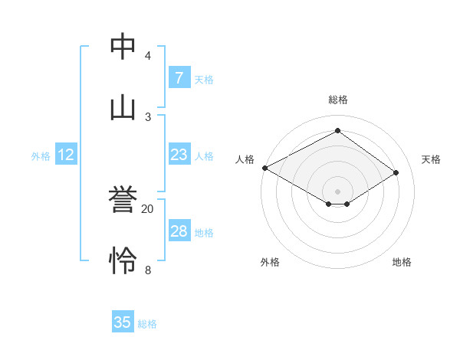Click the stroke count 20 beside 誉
coord(148,208)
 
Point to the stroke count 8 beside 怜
coord(148,270)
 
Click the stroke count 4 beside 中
coord(148,56)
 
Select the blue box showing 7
coord(179,78)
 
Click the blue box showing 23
coord(179,155)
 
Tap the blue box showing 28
coord(179,231)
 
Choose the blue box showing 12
coord(66,155)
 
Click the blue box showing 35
coord(123,322)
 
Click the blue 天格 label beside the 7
coord(204,79)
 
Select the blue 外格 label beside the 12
coord(41,155)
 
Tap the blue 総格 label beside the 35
coord(147,323)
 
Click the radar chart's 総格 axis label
coord(337,100)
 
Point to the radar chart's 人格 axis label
coord(245,159)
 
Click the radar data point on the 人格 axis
coord(264,168)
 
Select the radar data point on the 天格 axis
coord(396,172)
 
